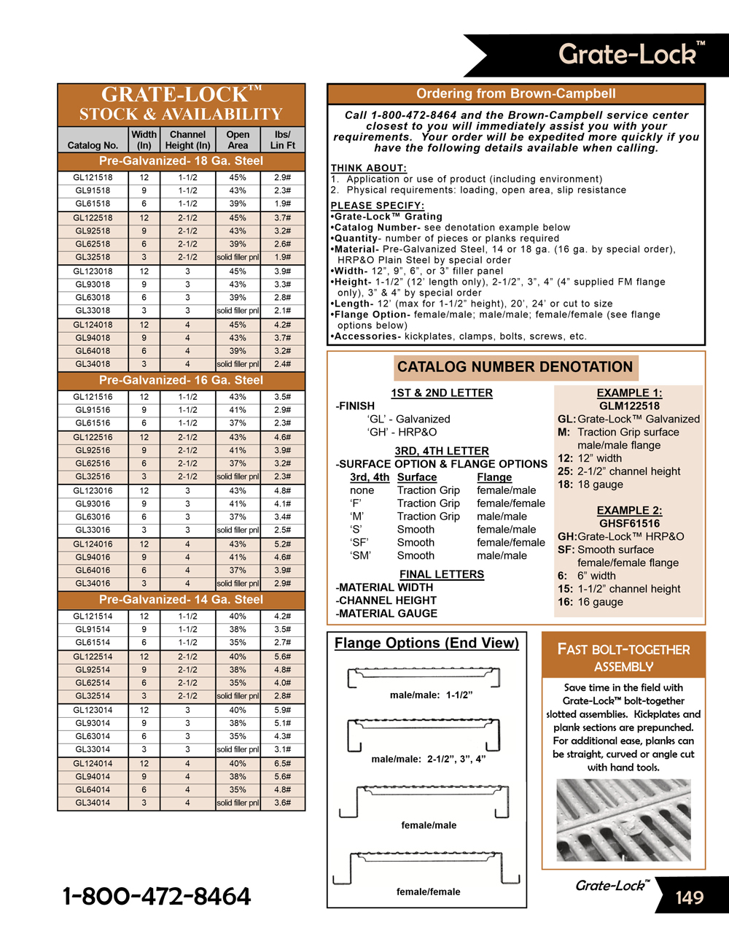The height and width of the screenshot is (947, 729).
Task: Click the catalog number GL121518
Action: (93, 177)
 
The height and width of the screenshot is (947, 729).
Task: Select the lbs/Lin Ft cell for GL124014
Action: (282, 763)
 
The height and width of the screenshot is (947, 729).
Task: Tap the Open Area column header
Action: (238, 139)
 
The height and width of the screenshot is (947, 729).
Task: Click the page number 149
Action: (689, 897)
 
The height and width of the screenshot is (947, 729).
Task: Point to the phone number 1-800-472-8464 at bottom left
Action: (157, 896)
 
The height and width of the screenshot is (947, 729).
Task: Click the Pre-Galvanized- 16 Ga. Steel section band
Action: (181, 380)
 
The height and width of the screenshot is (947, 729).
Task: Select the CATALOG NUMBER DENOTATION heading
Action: (515, 367)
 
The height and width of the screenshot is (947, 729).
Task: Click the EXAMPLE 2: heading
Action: (629, 510)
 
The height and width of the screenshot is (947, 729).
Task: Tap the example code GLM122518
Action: (629, 406)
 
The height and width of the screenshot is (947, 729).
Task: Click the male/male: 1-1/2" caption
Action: (431, 695)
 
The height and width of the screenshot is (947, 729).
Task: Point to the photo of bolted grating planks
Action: (623, 820)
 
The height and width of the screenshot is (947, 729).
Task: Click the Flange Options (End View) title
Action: (426, 643)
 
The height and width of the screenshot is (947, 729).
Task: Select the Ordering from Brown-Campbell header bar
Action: (516, 93)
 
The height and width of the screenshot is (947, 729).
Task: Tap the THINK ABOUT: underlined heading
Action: (368, 168)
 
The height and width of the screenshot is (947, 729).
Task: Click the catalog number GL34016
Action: (93, 583)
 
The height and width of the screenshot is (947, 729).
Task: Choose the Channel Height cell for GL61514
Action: (187, 642)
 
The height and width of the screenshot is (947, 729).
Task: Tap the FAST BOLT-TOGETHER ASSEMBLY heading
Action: (623, 657)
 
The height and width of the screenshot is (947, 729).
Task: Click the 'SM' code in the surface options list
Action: (360, 555)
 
